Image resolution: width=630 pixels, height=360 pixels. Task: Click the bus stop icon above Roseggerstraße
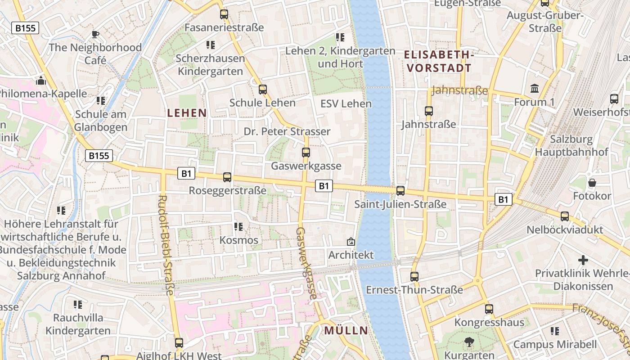(x=227, y=177)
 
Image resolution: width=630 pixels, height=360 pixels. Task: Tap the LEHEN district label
(x=187, y=113)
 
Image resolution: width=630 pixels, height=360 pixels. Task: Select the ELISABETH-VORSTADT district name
(x=438, y=62)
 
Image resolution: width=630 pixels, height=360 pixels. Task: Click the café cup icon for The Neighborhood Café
(x=95, y=34)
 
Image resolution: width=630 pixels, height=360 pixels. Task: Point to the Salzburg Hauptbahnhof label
(x=571, y=145)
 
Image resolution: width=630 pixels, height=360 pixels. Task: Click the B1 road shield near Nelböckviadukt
(x=504, y=199)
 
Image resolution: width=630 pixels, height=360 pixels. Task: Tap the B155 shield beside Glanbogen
(x=99, y=156)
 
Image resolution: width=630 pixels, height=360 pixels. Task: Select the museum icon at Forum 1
(x=535, y=89)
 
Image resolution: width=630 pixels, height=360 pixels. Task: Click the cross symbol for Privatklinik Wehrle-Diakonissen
(x=583, y=260)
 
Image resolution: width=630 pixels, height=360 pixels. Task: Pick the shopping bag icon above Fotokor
(x=592, y=183)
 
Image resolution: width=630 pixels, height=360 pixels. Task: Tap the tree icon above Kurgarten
(x=469, y=342)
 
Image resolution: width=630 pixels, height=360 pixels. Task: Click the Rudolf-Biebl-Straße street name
(x=166, y=245)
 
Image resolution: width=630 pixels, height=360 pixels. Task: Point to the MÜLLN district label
(x=346, y=331)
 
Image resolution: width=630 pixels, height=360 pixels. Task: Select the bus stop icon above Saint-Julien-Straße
(x=400, y=191)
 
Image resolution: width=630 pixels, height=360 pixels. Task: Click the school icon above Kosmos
(x=238, y=227)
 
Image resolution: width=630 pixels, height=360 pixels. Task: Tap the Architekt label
(x=351, y=255)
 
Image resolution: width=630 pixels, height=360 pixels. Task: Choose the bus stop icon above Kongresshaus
(x=489, y=309)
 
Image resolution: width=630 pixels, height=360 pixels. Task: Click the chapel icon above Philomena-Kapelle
(x=41, y=81)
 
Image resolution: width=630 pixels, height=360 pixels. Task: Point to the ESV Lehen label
(x=346, y=104)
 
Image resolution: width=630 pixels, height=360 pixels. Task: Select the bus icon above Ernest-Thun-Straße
(x=414, y=277)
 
